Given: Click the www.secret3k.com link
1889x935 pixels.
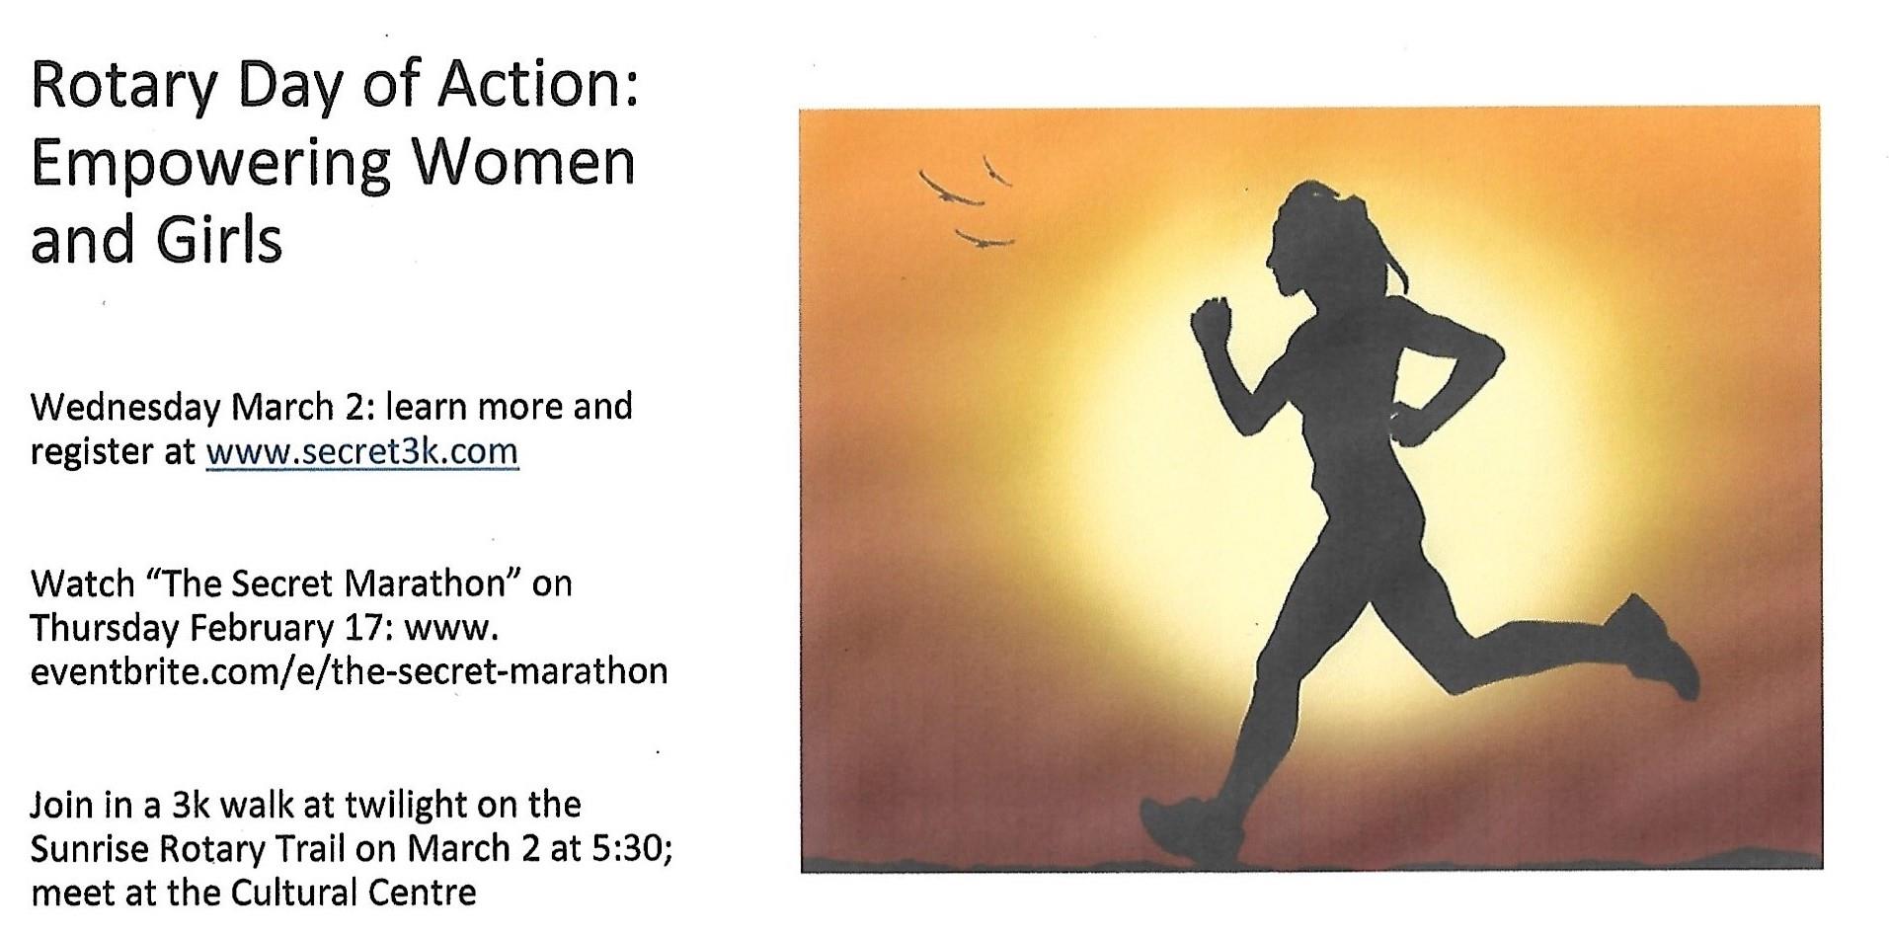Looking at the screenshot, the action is [361, 451].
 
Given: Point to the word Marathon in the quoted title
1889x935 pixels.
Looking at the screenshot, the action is [432, 584].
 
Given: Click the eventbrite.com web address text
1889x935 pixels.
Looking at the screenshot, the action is [350, 671].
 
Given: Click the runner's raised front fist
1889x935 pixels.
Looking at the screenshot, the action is [1211, 322].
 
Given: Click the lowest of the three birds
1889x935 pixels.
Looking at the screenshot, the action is [984, 240].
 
